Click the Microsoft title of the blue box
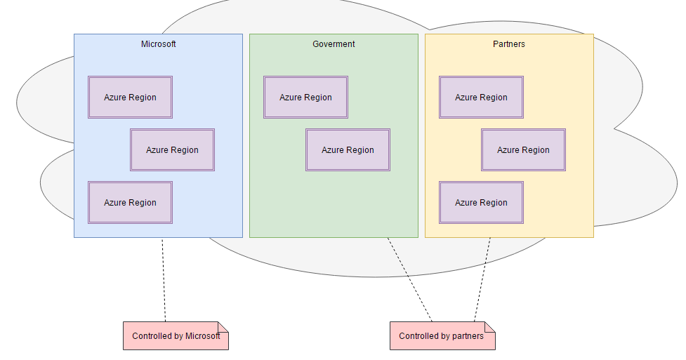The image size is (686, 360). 158,44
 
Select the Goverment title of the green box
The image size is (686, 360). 334,44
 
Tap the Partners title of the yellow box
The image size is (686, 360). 509,44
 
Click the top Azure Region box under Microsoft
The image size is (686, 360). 130,98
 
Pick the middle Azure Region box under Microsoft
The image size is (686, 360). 172,150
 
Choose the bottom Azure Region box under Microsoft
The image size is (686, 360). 130,203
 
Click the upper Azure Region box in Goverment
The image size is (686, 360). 305,98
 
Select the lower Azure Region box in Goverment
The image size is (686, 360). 348,150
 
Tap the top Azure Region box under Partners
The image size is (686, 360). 481,98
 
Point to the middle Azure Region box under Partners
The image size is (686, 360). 523,150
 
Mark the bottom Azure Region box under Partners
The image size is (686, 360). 481,203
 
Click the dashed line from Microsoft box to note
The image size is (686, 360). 164,281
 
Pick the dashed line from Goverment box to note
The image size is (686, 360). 410,281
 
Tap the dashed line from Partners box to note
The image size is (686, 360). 482,281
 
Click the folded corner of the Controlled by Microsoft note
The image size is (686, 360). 223,326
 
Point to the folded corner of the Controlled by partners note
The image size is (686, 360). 490,326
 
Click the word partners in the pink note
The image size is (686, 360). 468,337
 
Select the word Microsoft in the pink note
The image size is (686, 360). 203,336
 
